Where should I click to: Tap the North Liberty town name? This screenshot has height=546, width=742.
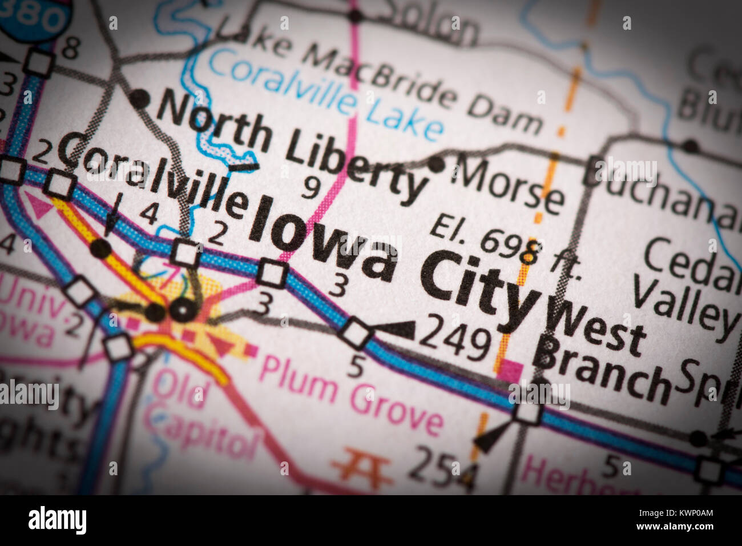click(291, 145)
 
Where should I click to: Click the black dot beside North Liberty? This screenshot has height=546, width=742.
click(139, 99)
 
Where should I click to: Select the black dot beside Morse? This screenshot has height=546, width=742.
click(437, 164)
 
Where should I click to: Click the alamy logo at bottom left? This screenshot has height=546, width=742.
click(57, 520)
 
